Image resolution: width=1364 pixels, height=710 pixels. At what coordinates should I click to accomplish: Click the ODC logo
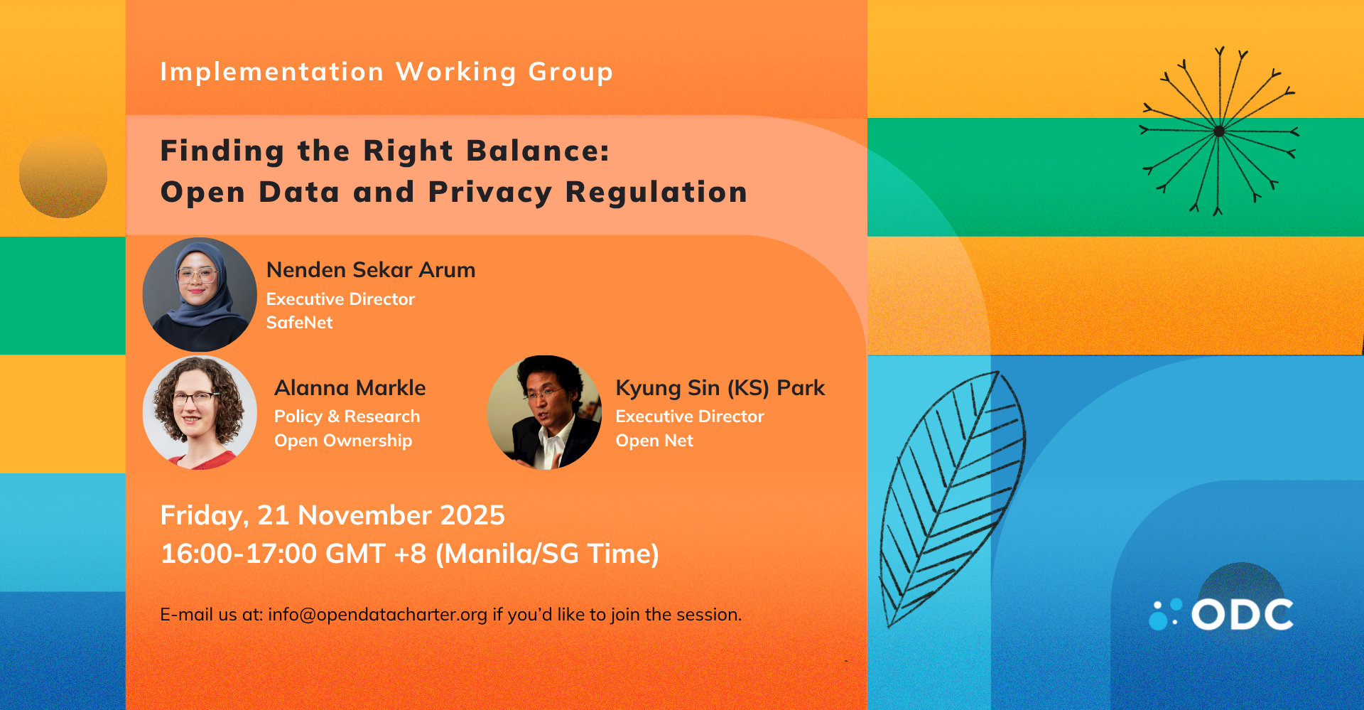[x=1221, y=614]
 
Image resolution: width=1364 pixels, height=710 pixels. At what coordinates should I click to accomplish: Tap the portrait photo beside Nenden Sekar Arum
[x=200, y=294]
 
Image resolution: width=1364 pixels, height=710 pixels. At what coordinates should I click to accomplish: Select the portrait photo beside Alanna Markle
[x=200, y=413]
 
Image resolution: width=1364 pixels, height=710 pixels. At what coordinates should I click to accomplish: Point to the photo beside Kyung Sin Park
[x=544, y=413]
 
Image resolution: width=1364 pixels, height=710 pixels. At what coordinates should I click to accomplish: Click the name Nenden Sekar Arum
[x=371, y=270]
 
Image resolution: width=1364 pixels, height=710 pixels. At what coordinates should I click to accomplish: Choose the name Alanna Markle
[x=350, y=388]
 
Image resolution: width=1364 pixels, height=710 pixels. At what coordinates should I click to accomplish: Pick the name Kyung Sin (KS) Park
[x=720, y=388]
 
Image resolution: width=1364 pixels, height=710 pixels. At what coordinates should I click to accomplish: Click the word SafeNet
[x=299, y=323]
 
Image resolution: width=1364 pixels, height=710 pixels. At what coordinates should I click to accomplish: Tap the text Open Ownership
[x=343, y=441]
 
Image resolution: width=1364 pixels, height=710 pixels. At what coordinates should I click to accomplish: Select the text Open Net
[x=654, y=441]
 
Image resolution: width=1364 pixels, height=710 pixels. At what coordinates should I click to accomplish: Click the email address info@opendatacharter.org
[x=378, y=615]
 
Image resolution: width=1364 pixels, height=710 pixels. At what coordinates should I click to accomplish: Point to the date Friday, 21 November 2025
[x=332, y=515]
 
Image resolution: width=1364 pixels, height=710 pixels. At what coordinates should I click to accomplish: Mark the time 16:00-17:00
[x=238, y=554]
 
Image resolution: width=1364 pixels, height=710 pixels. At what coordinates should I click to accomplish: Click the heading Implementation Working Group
[x=386, y=72]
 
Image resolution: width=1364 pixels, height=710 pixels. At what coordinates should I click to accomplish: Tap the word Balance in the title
[x=538, y=151]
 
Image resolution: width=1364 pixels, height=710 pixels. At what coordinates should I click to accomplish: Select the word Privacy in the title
[x=490, y=193]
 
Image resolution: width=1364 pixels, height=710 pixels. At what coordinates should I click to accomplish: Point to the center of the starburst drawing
[x=1219, y=131]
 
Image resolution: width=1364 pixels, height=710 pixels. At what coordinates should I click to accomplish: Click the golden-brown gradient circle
[x=63, y=174]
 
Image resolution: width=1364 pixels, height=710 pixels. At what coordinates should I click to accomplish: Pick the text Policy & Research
[x=347, y=416]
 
